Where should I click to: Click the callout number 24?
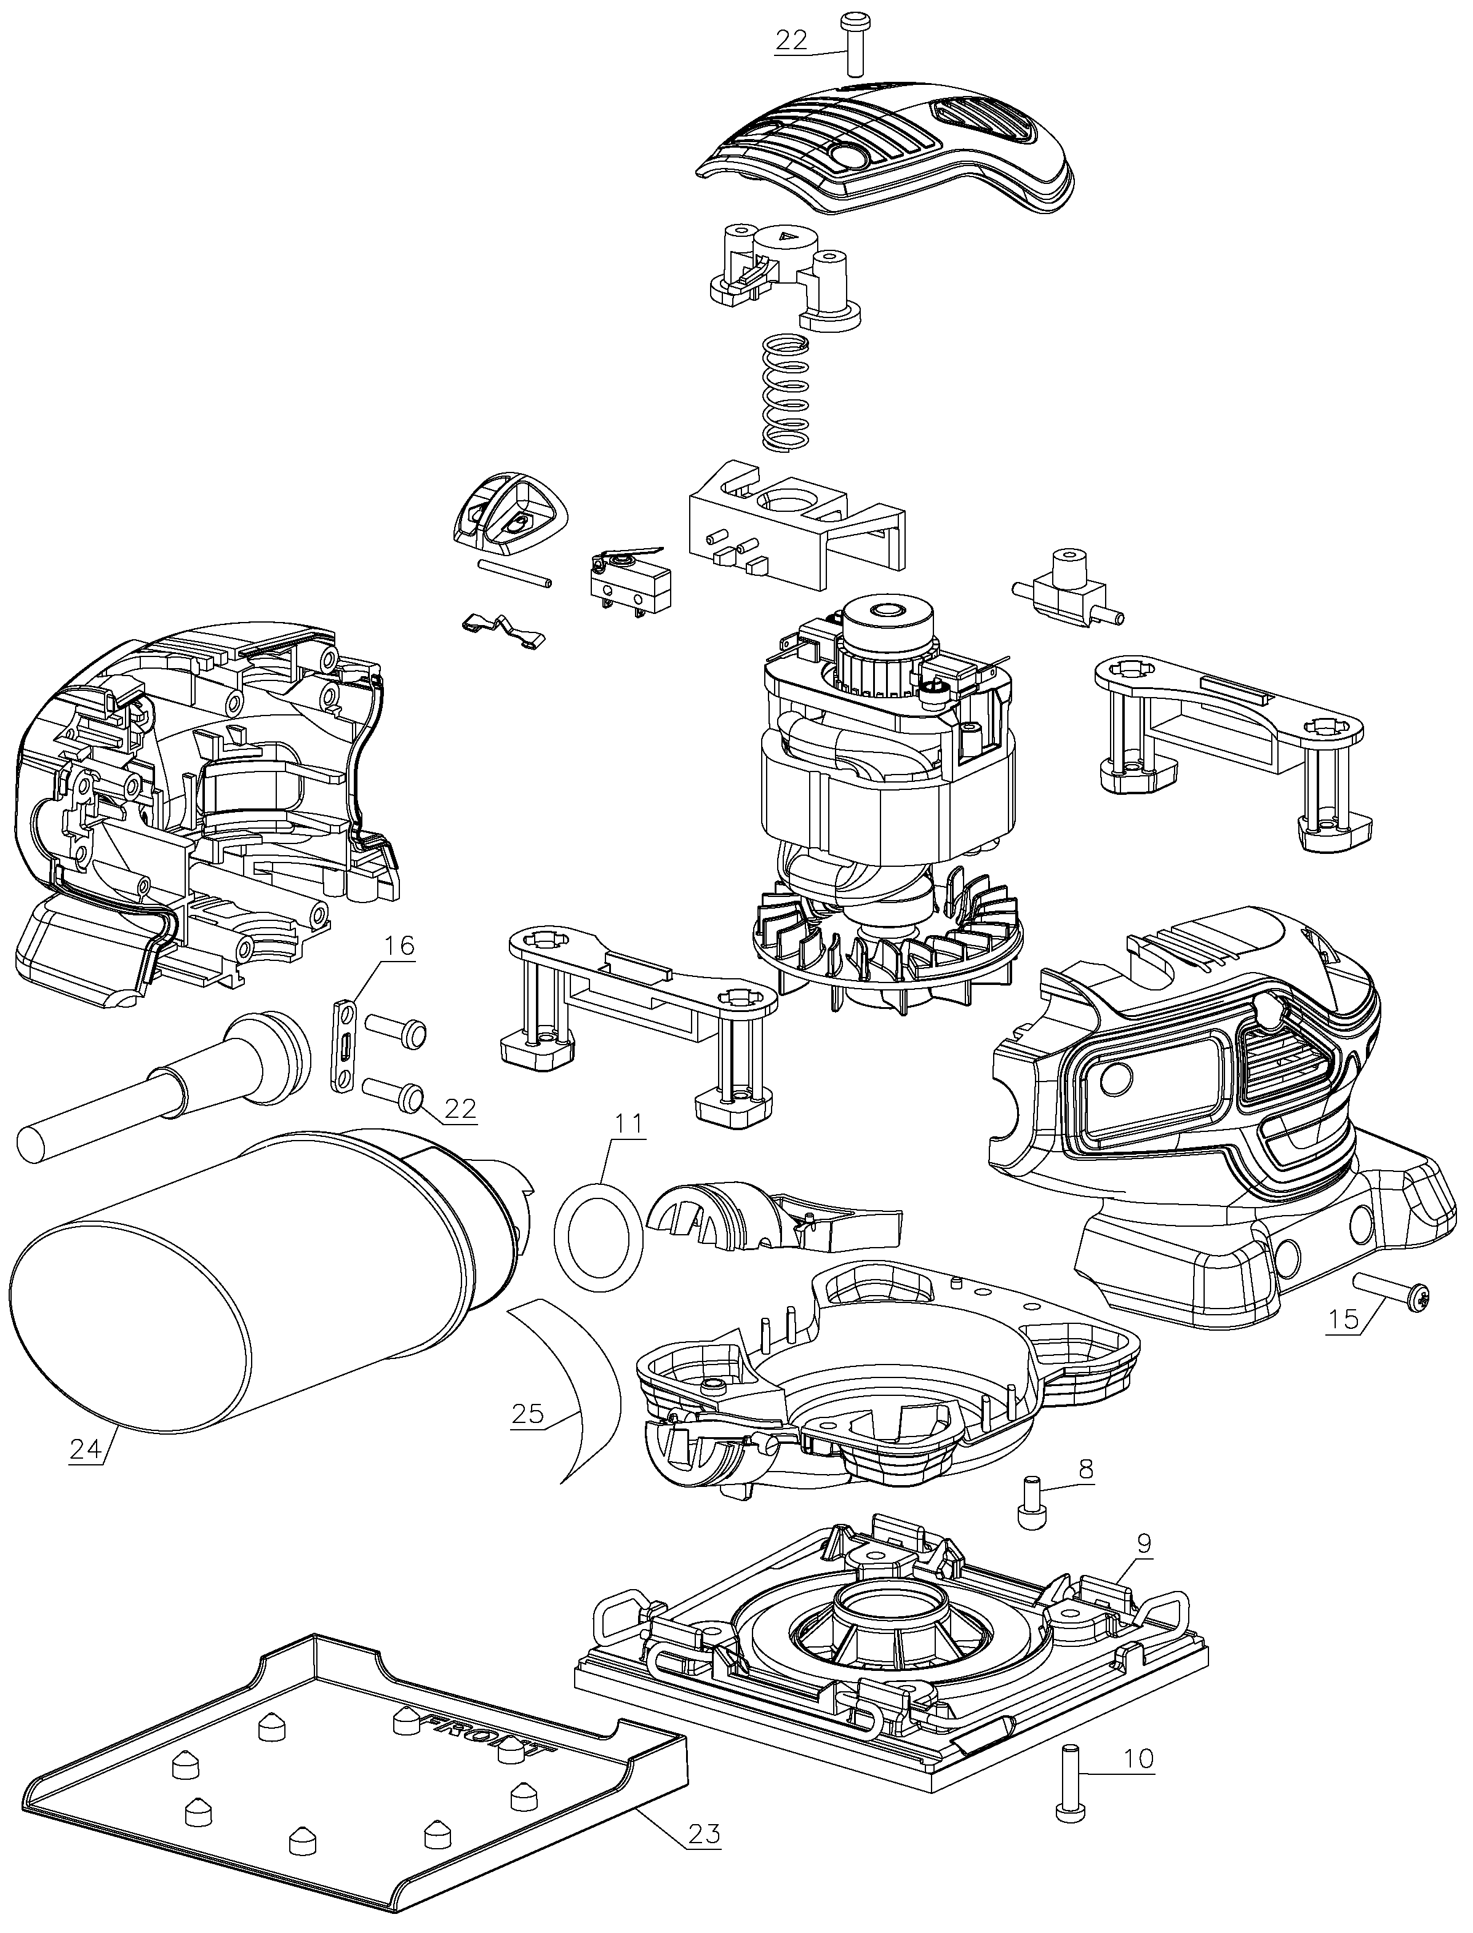point(87,1450)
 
